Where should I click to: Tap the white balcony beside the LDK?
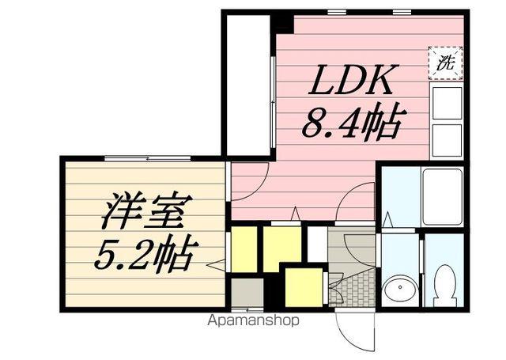coord(247,83)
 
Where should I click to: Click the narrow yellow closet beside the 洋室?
coord(244,248)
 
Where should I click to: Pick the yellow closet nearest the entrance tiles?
coord(303,286)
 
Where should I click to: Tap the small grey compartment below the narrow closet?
coord(246,294)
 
